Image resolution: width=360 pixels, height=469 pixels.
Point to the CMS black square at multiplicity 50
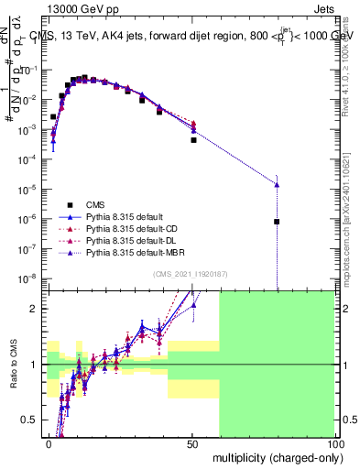193,140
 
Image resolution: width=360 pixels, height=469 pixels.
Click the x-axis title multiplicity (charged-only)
272,455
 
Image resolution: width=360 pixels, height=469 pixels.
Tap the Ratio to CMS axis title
14,365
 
